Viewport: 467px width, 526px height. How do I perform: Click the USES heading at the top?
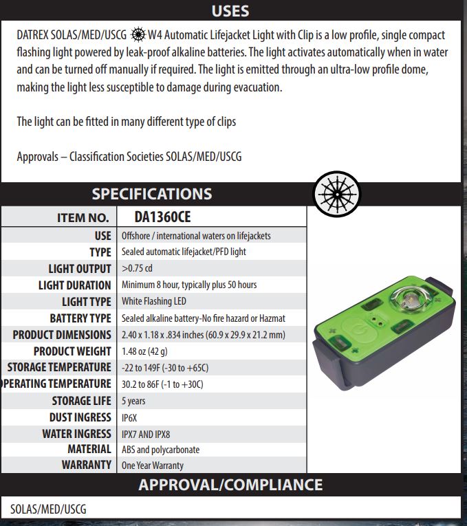[x=230, y=11]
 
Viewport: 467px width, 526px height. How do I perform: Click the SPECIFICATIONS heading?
[x=152, y=193]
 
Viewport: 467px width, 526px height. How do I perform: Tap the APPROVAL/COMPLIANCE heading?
[x=230, y=484]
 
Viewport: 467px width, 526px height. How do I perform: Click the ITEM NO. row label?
[x=83, y=218]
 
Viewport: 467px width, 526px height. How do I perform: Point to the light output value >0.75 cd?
[x=136, y=269]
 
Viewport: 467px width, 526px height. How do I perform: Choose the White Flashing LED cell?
[x=154, y=301]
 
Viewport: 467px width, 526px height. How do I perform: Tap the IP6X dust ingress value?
[x=131, y=417]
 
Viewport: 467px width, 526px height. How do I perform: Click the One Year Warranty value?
[x=152, y=465]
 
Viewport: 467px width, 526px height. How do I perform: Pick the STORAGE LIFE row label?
[x=81, y=401]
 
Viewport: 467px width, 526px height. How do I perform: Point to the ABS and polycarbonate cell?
[x=160, y=450]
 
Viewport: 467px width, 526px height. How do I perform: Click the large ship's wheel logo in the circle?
[x=336, y=194]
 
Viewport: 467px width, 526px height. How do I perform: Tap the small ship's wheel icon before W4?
[x=138, y=34]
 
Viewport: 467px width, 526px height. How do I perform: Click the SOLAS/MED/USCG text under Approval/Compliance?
[x=48, y=509]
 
